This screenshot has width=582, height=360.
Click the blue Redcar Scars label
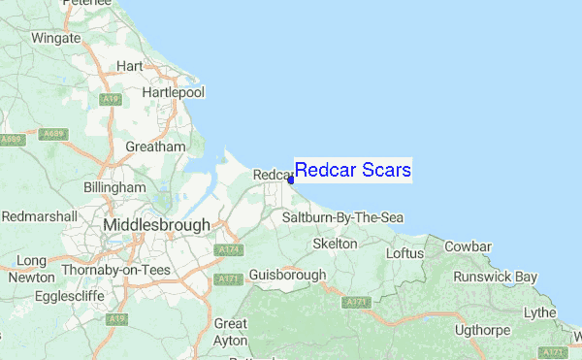(353, 171)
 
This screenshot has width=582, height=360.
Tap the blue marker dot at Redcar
(291, 179)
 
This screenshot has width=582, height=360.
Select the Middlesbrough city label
(156, 225)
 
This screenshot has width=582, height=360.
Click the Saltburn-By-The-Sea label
(342, 218)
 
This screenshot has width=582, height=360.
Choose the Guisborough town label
(287, 275)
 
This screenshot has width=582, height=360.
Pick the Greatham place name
(155, 147)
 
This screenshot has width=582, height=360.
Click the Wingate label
(56, 39)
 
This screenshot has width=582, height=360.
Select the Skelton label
(336, 245)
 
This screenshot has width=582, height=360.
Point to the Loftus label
(405, 253)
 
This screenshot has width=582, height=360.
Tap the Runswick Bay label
(499, 277)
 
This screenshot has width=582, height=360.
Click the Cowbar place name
(466, 245)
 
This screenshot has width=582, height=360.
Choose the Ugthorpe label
(475, 330)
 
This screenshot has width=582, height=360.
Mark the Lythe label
(540, 312)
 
